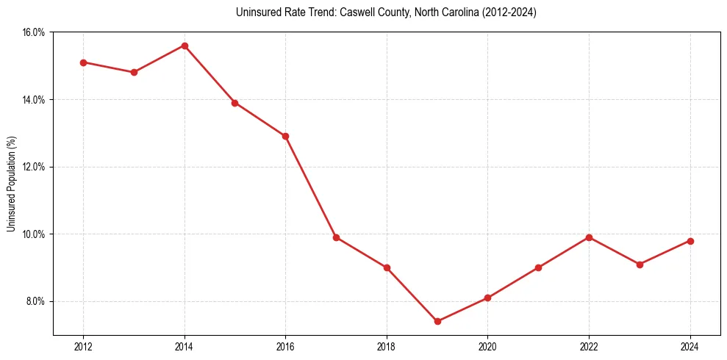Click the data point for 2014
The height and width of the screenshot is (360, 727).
(185, 46)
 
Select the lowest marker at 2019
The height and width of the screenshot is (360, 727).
(437, 321)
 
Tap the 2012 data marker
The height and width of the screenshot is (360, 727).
(83, 62)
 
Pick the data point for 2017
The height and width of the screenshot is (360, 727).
(336, 237)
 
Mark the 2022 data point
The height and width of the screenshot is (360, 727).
(589, 237)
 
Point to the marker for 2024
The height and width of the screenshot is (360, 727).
(690, 241)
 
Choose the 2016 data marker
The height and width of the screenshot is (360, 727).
(285, 136)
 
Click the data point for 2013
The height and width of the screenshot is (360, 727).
(134, 72)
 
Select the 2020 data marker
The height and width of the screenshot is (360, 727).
(487, 298)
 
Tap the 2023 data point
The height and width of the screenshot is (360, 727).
(640, 264)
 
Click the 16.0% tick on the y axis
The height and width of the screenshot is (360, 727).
(35, 32)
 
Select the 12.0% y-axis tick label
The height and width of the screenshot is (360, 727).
(35, 167)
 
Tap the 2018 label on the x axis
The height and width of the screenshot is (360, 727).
(387, 347)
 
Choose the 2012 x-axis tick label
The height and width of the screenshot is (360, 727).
(83, 347)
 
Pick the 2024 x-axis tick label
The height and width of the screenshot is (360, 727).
(690, 347)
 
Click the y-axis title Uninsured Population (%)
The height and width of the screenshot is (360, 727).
(12, 184)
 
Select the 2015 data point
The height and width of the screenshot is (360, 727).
(234, 103)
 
